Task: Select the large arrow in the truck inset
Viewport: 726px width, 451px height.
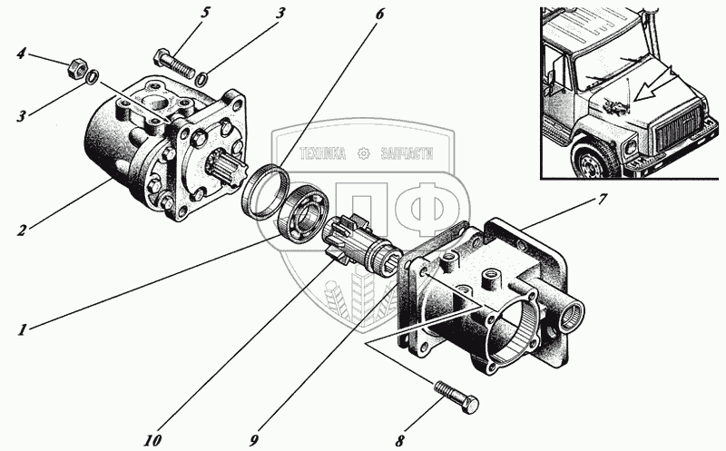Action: [x=654, y=91]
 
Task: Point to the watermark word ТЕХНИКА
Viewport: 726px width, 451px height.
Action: [x=323, y=154]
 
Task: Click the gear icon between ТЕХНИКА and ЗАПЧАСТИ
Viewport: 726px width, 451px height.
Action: [x=364, y=154]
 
